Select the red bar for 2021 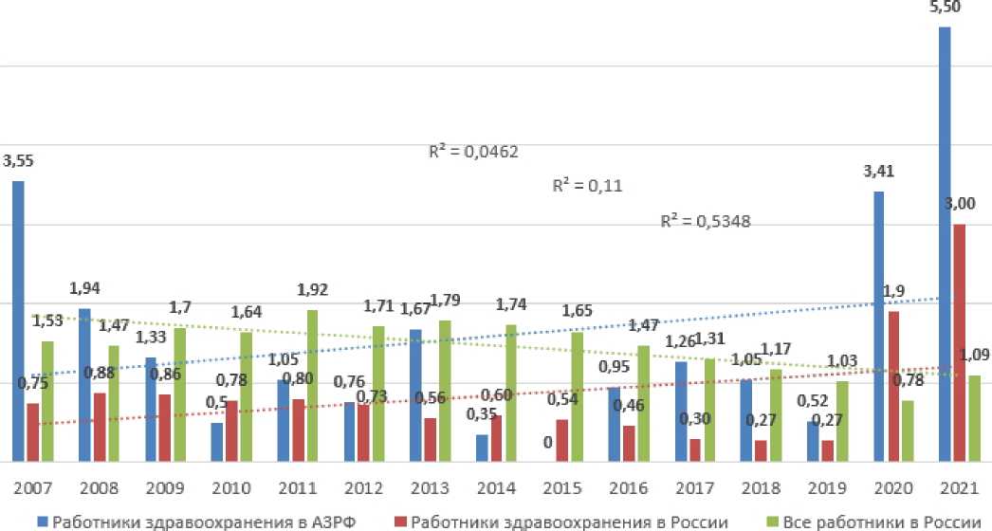click(x=960, y=342)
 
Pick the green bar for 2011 click(x=312, y=385)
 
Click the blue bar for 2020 click(x=878, y=326)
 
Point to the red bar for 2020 click(x=893, y=386)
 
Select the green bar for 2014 click(x=511, y=393)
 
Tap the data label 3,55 click(x=19, y=161)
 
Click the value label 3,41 click(x=878, y=172)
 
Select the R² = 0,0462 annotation click(x=474, y=151)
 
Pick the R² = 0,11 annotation click(x=586, y=186)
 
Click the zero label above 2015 click(x=548, y=442)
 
